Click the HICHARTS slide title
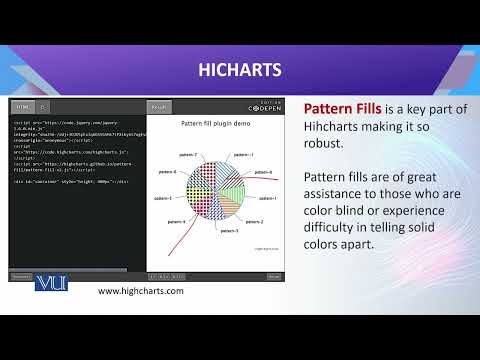(x=239, y=69)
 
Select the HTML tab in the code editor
(x=23, y=107)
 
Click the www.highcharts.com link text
(x=140, y=291)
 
